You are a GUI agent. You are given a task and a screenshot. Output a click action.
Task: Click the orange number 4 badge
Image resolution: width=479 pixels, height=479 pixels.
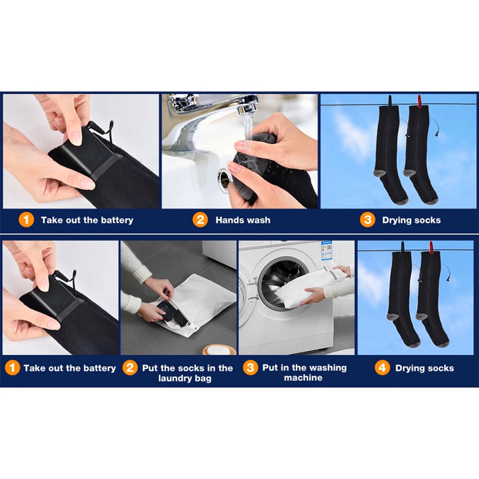click(x=382, y=368)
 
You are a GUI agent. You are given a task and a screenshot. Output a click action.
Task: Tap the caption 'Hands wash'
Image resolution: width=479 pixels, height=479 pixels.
click(x=243, y=220)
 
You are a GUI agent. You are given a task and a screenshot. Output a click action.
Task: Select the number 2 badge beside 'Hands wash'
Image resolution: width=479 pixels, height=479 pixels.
click(x=200, y=220)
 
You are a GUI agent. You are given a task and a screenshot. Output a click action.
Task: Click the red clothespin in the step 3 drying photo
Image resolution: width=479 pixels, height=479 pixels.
click(x=419, y=100)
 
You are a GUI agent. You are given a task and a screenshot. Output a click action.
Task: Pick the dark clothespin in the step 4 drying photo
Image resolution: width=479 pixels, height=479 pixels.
click(x=403, y=247)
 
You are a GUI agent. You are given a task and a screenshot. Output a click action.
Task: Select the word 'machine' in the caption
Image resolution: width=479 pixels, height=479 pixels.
click(x=303, y=378)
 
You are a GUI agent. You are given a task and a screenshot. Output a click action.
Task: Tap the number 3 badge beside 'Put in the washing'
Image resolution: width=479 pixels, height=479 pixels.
click(x=251, y=368)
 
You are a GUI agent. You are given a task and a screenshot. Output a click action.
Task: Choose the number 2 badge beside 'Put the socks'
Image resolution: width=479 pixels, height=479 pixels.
click(x=130, y=368)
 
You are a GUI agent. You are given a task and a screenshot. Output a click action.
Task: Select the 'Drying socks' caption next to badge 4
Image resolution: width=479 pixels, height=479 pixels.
click(x=424, y=368)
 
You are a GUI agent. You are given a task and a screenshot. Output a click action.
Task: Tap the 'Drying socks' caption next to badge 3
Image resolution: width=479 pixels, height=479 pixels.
click(x=411, y=220)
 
